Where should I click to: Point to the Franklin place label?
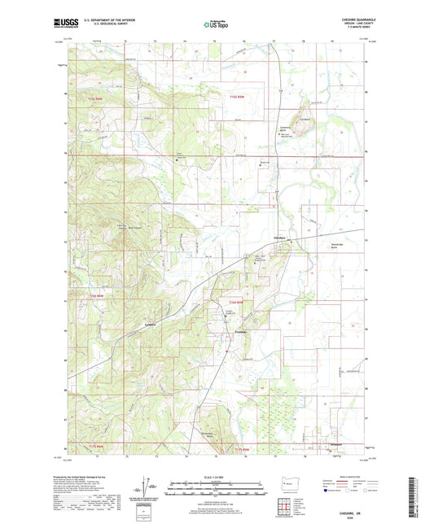(x=241, y=330)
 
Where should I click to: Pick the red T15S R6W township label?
(x=98, y=98)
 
